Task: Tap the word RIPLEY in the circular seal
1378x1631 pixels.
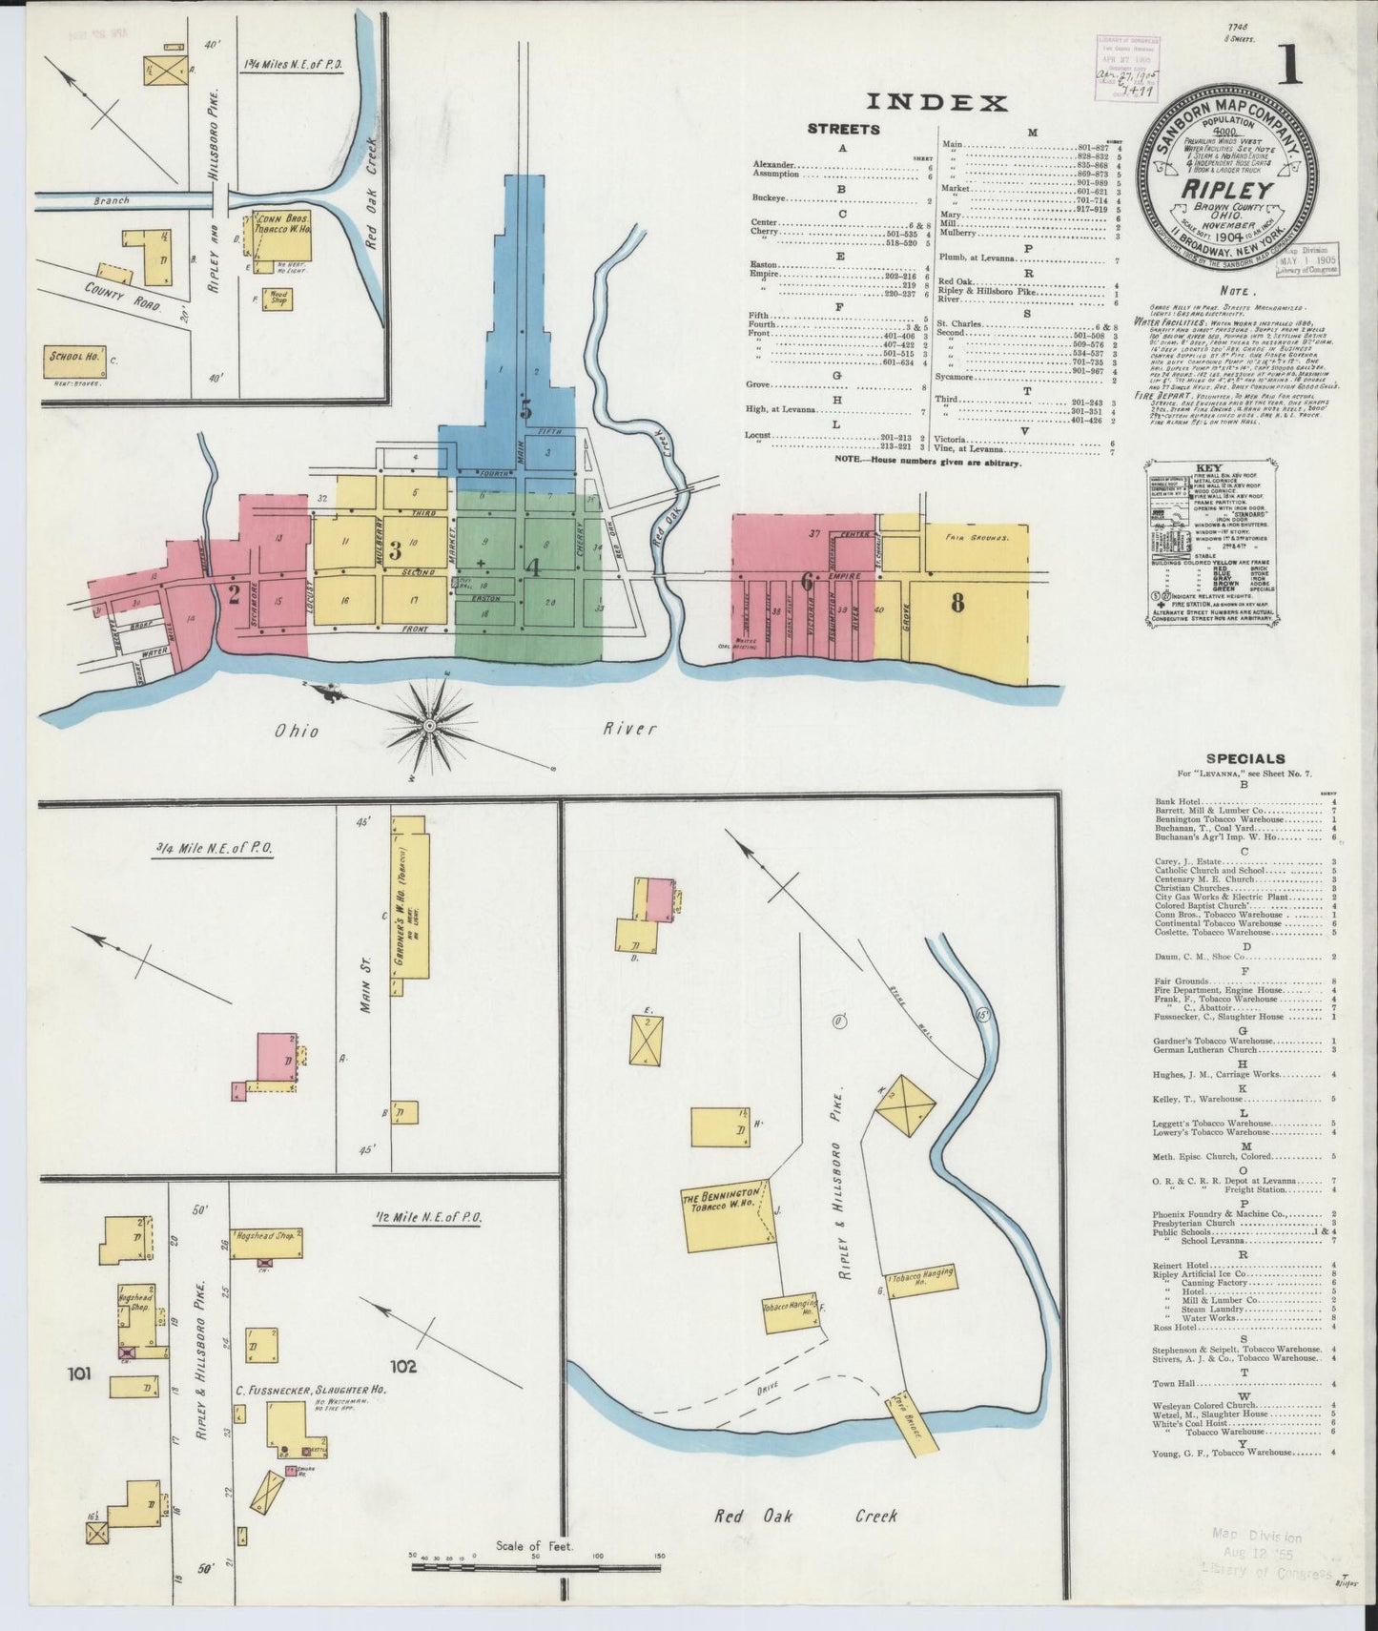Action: pyautogui.click(x=1226, y=189)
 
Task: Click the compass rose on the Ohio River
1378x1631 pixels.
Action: pyautogui.click(x=429, y=727)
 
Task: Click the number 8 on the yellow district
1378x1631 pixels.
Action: pyautogui.click(x=956, y=603)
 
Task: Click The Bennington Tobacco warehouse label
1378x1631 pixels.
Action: pyautogui.click(x=722, y=1201)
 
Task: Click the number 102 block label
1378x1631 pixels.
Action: pyautogui.click(x=402, y=1366)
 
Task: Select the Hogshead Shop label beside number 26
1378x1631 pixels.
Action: pyautogui.click(x=263, y=1232)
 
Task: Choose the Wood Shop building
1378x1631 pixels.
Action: pyautogui.click(x=279, y=299)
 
